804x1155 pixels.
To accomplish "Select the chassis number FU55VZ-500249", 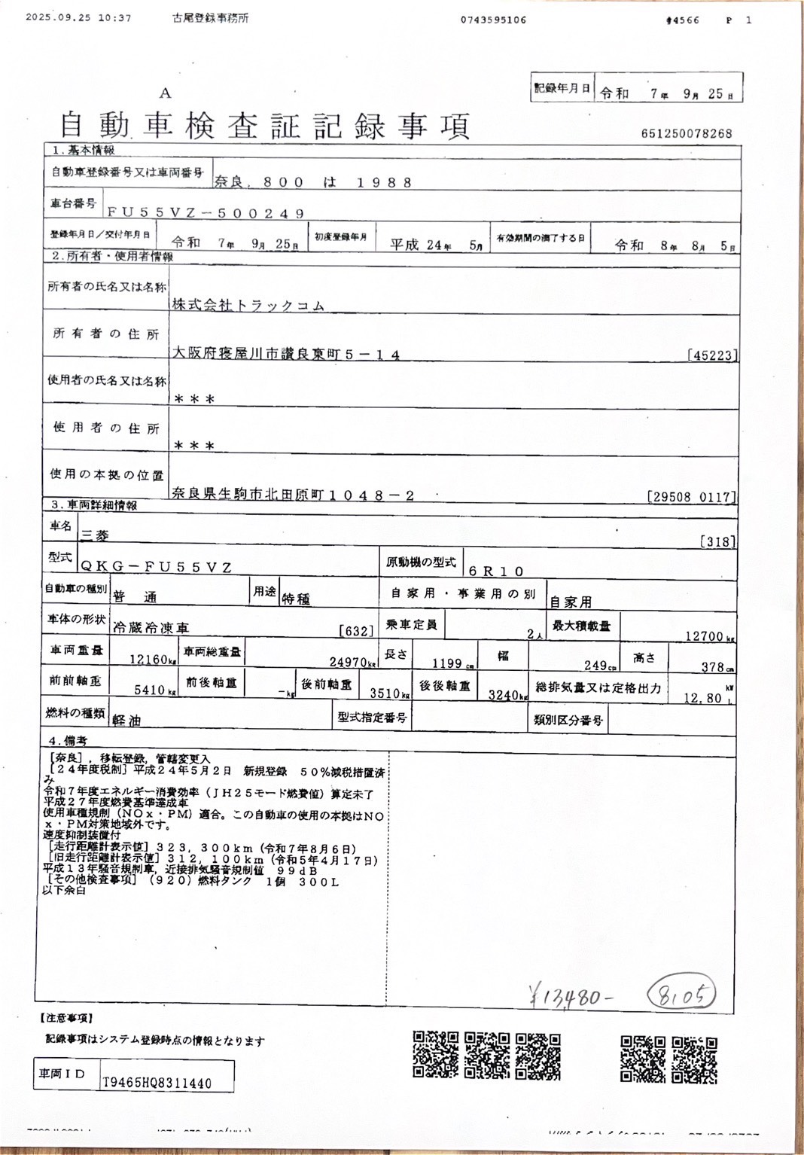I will pos(206,213).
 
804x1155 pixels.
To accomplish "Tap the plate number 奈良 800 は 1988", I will pos(313,182).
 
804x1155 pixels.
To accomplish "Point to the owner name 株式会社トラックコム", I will pos(248,305).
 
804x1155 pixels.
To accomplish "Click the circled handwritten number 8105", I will pos(681,995).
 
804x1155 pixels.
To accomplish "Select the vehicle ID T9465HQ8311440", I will pos(157,1083).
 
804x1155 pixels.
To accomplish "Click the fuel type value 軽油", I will pos(126,721).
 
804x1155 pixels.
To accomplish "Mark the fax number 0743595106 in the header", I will pos(493,20).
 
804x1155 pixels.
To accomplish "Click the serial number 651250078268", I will pos(687,133).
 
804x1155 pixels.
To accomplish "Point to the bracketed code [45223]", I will pos(712,355).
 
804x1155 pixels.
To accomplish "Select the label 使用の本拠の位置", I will pos(106,475).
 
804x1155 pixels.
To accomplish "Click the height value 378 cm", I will pos(712,666).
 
